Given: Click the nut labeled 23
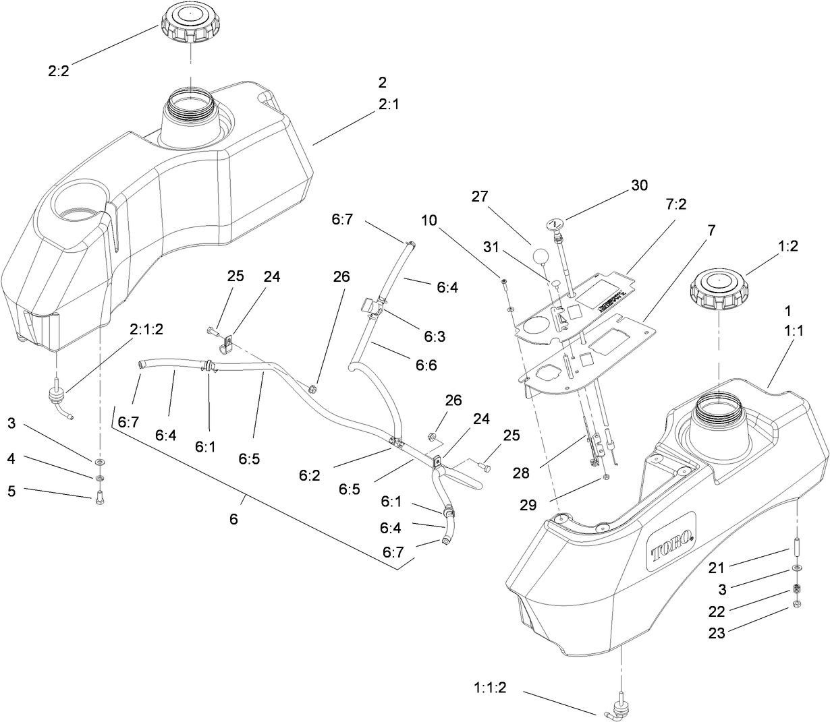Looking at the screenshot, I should pos(797,603).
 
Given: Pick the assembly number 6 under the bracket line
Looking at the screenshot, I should pos(233,520).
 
